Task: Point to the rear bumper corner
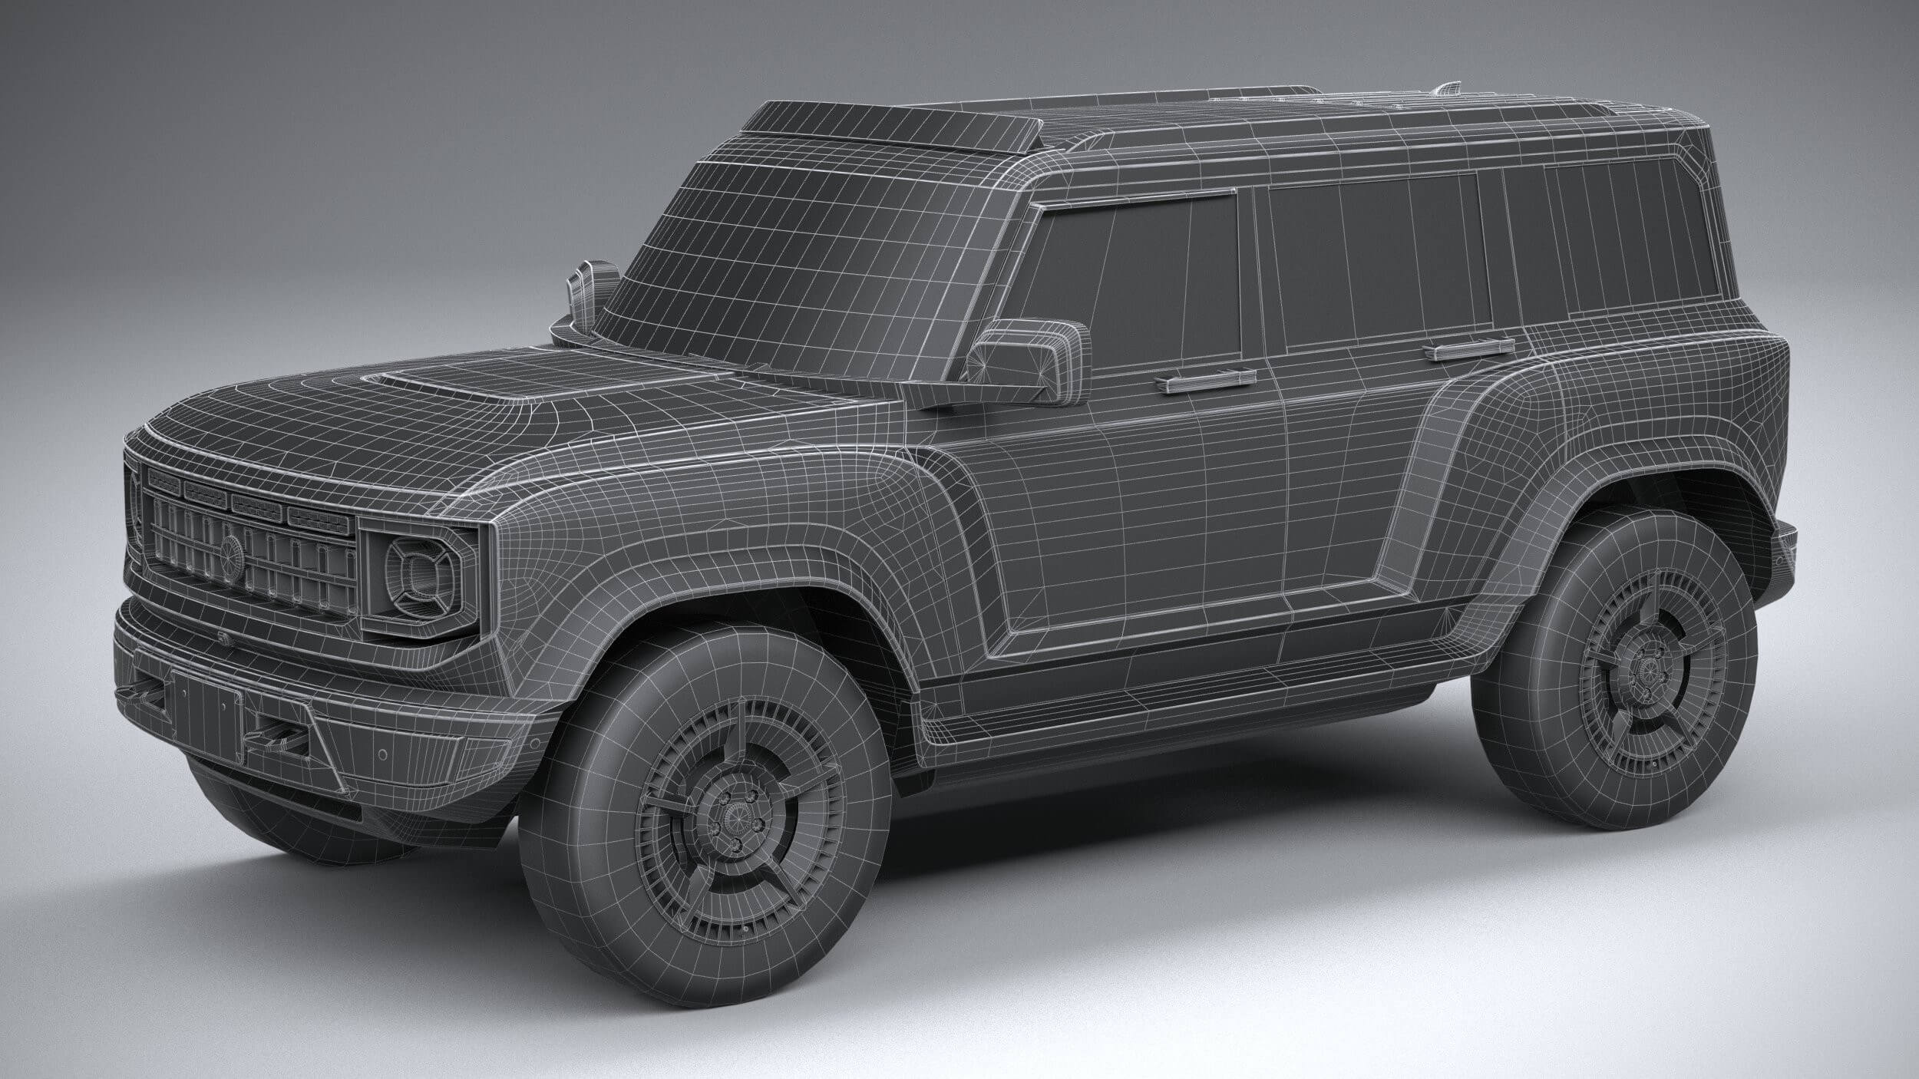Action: coord(1785,553)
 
